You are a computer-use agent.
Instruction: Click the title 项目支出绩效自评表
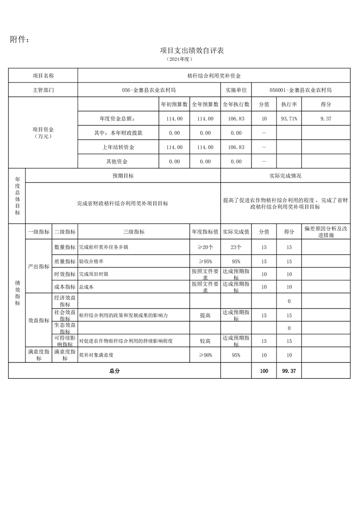[x=192, y=50]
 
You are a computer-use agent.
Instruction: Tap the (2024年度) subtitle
[x=180, y=59]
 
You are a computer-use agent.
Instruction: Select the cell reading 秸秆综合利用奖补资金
[x=214, y=76]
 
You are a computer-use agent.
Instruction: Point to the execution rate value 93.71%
[x=289, y=119]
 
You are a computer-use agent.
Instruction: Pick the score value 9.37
[x=325, y=119]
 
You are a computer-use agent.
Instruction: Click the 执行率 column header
[x=289, y=104]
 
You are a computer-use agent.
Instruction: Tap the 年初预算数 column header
[x=174, y=104]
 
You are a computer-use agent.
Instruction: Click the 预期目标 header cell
[x=123, y=176]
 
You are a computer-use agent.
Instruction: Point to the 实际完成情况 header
[x=285, y=176]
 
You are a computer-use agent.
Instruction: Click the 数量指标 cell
[x=65, y=247]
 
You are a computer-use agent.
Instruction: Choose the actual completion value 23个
[x=236, y=247]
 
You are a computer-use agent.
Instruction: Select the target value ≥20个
[x=205, y=247]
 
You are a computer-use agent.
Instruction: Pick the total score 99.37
[x=289, y=371]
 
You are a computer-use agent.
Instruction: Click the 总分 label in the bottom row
[x=114, y=371]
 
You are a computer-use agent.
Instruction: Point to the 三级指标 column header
[x=134, y=232]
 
